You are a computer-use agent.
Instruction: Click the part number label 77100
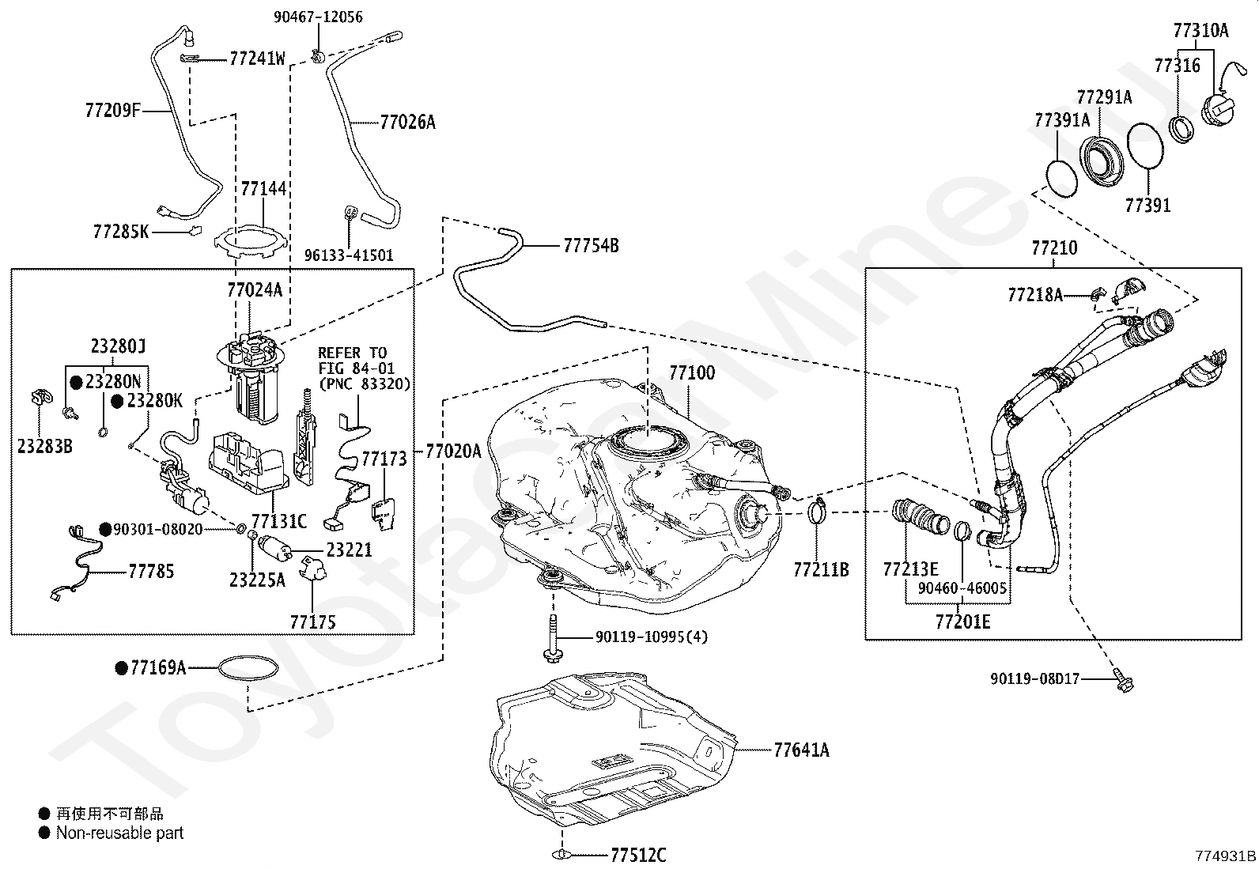tap(692, 372)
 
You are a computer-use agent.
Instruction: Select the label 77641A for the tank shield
tap(801, 750)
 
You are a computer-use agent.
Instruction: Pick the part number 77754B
tap(592, 246)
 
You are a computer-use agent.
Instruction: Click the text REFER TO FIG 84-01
tap(356, 361)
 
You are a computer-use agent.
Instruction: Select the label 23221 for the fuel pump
tap(349, 550)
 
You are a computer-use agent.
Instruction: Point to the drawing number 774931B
tap(1225, 856)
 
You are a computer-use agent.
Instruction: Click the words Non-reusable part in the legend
tap(119, 833)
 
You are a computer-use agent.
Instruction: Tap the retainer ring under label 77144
tap(251, 242)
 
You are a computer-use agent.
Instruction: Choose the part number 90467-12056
tap(318, 17)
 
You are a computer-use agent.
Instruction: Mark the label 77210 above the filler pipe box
tap(1054, 247)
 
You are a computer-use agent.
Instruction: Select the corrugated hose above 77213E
tap(920, 516)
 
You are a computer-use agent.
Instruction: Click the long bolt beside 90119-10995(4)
tap(553, 638)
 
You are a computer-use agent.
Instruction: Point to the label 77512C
tap(638, 855)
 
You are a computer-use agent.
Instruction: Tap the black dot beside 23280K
tap(118, 402)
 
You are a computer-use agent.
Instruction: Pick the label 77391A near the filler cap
tap(1062, 120)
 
